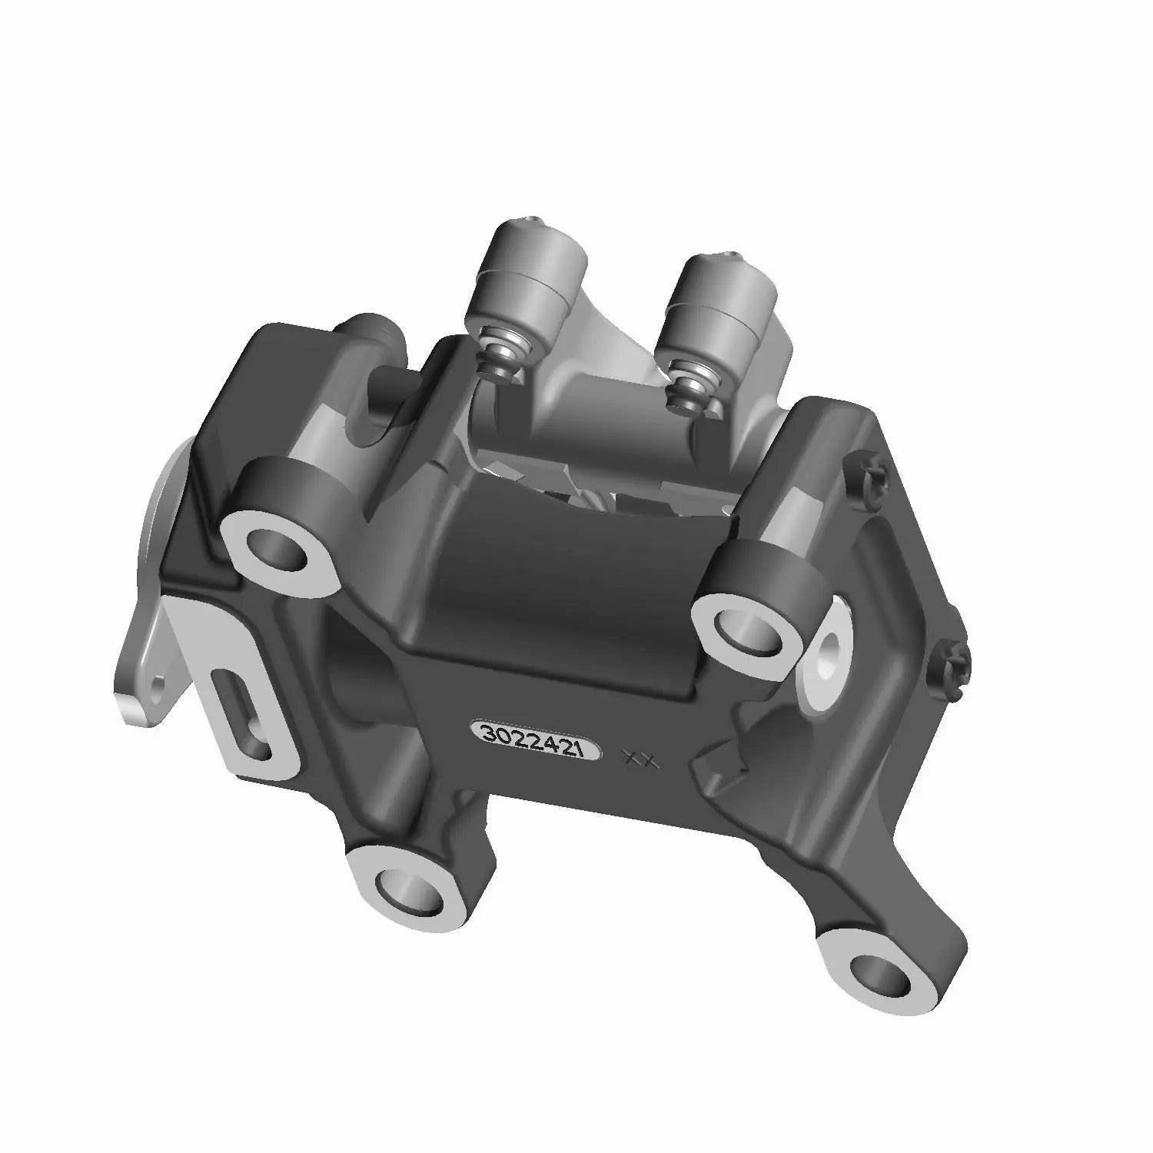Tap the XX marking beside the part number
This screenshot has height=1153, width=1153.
point(640,759)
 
